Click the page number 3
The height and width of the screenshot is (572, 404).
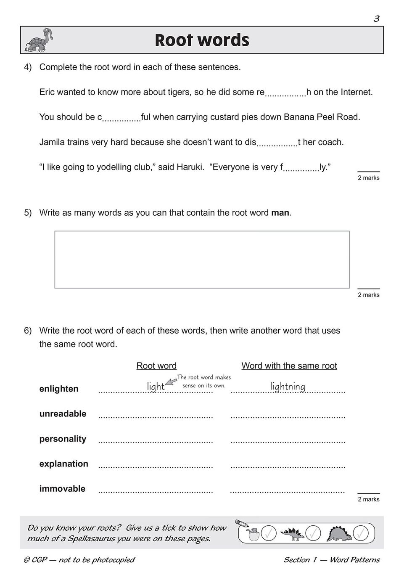click(x=376, y=19)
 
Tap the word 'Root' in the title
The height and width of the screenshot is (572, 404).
click(x=175, y=40)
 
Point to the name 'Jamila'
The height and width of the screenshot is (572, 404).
click(x=53, y=142)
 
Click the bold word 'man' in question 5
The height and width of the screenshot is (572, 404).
click(x=280, y=213)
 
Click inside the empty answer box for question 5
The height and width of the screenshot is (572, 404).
click(x=202, y=260)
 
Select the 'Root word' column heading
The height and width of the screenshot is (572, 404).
click(x=156, y=366)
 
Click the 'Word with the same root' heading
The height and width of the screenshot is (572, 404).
click(x=289, y=366)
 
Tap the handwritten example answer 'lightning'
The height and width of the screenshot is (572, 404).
click(x=288, y=386)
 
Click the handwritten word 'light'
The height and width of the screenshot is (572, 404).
click(x=156, y=386)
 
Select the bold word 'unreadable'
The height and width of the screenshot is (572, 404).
click(x=63, y=414)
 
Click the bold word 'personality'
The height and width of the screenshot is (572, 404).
click(x=63, y=439)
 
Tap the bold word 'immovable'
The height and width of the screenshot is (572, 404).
click(x=62, y=489)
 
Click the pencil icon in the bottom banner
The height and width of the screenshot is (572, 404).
click(x=242, y=523)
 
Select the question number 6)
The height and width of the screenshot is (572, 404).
click(x=28, y=331)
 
